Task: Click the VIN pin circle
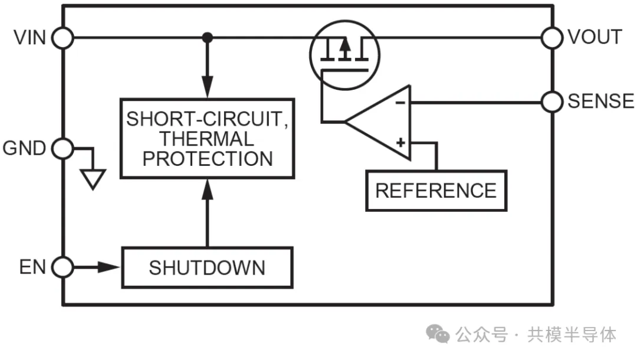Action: tap(63, 38)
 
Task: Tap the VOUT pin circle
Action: tap(552, 38)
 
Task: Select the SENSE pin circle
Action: tap(552, 102)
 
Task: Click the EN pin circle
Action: tap(63, 267)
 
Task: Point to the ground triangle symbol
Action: tap(93, 178)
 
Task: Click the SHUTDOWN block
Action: tap(207, 268)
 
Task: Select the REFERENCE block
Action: tap(436, 191)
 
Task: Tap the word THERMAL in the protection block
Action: tap(207, 139)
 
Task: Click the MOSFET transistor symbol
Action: tap(345, 54)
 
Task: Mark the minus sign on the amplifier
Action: tap(400, 103)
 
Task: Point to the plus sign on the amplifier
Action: tap(400, 142)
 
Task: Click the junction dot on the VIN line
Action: tap(207, 38)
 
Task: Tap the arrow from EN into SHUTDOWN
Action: tap(106, 267)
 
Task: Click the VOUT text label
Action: tap(594, 37)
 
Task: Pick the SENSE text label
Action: tap(600, 102)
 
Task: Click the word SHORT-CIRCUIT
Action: tap(207, 119)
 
